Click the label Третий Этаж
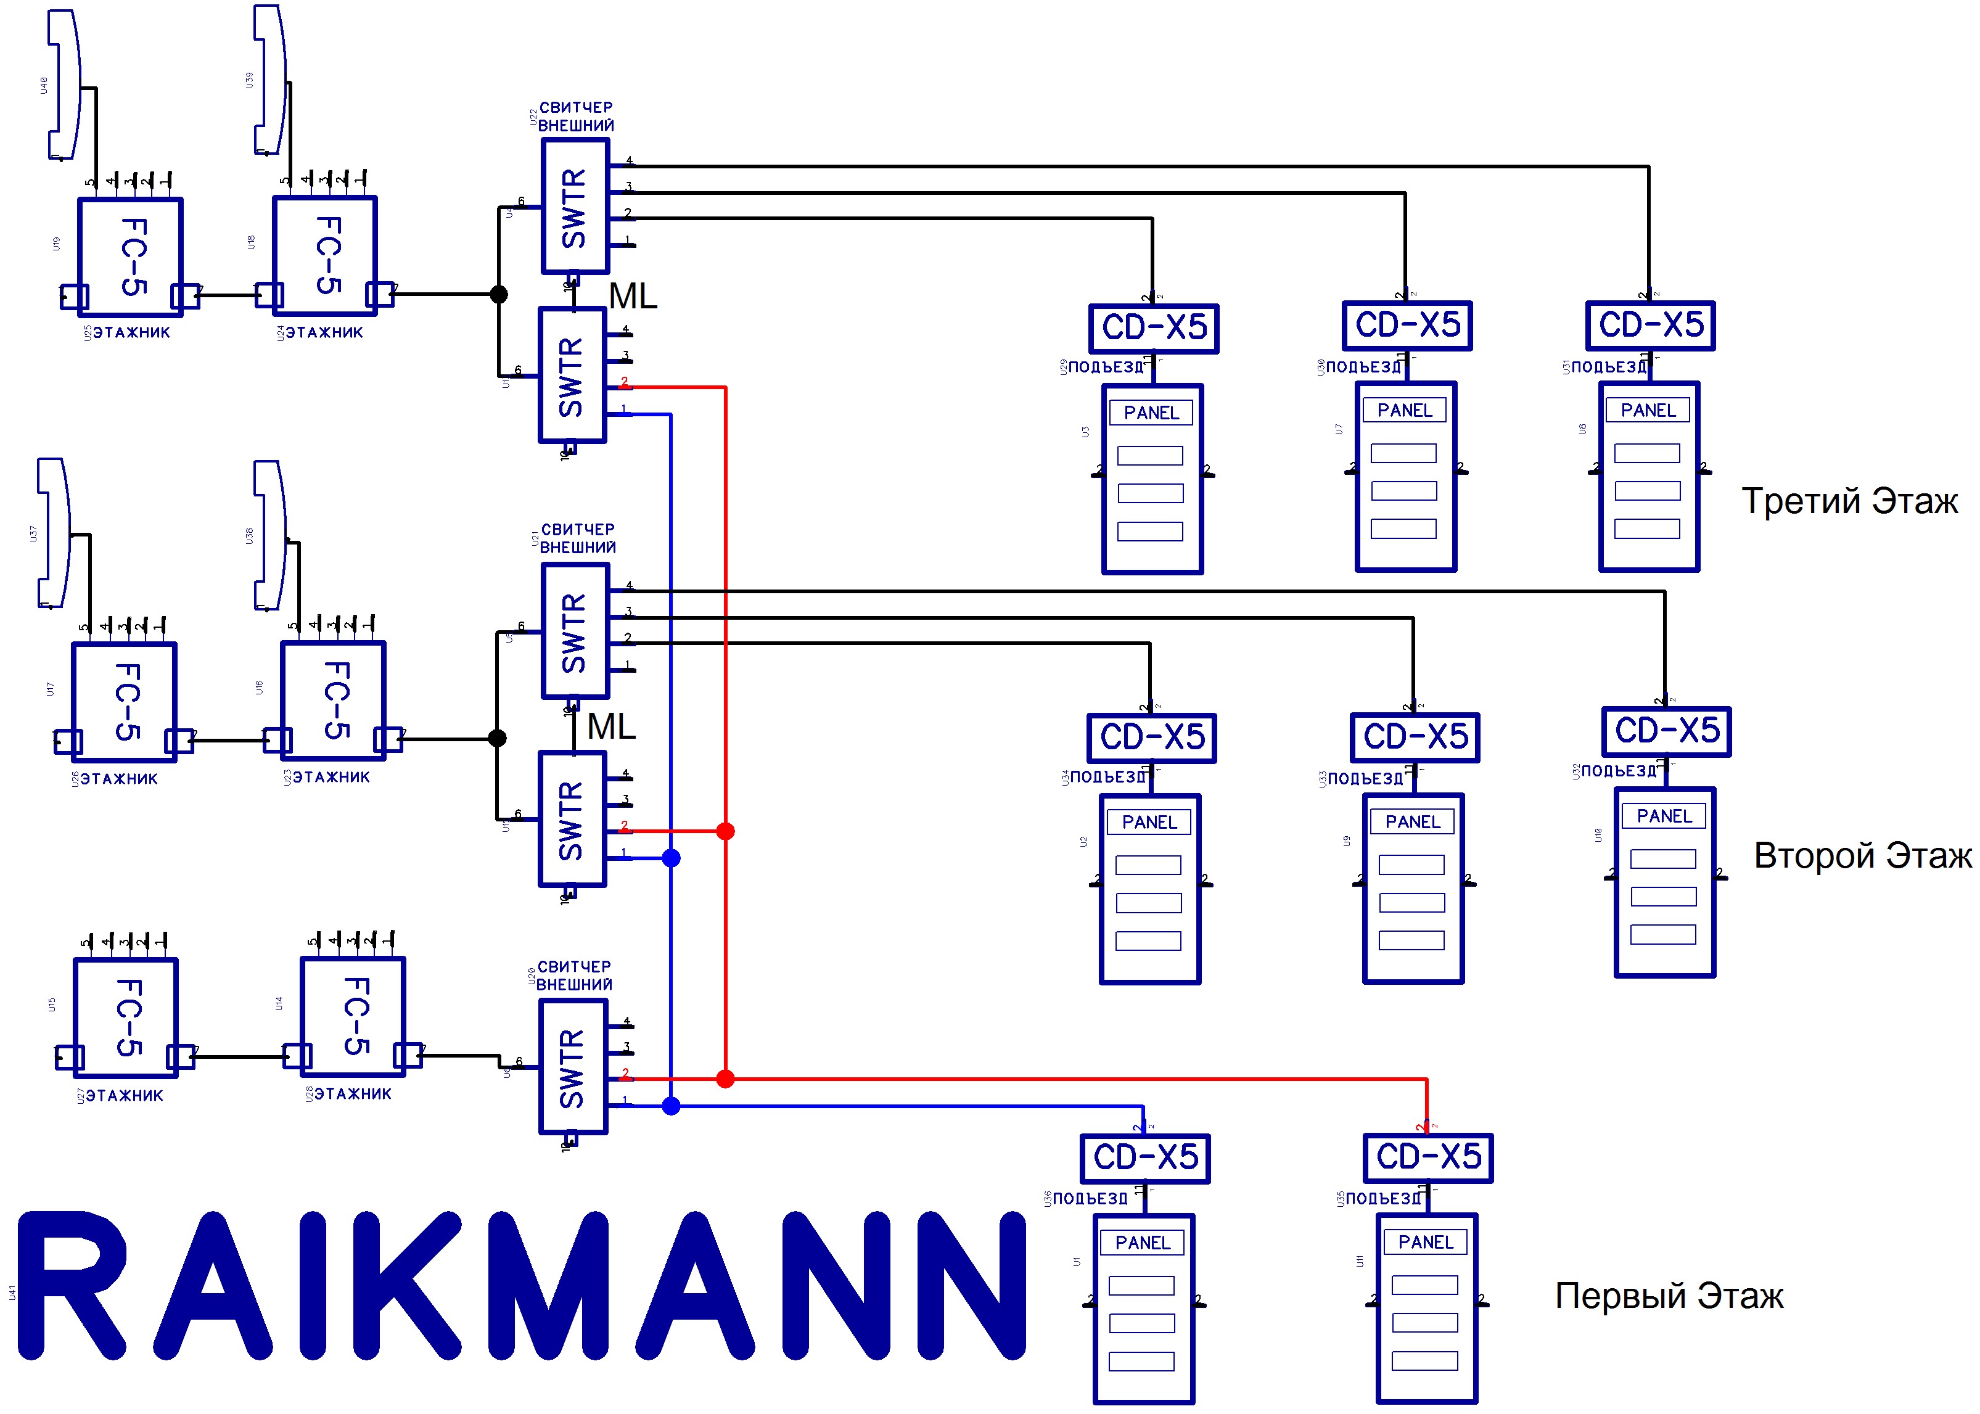1849,501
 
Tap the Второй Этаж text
1862,856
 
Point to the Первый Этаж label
1669,1296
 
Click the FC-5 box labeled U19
131,257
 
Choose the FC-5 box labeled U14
353,1016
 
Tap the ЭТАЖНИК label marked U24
324,332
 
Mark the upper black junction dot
499,294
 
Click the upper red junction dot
725,831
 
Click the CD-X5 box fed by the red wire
1428,1158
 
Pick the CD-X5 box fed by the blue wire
1145,1158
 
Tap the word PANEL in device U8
1648,410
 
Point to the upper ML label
633,297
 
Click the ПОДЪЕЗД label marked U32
1619,771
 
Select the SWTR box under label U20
573,1067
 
